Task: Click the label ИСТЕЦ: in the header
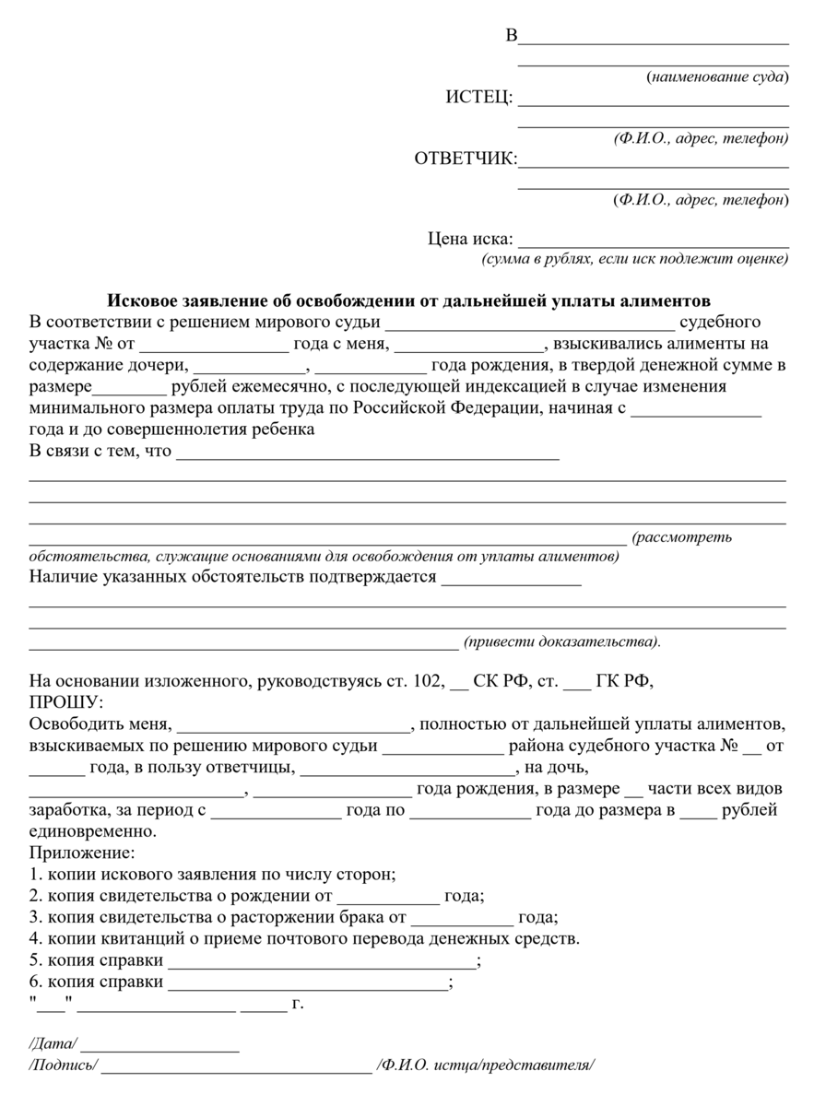(x=479, y=99)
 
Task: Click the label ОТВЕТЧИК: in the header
(x=466, y=159)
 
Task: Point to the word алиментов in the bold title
(x=664, y=301)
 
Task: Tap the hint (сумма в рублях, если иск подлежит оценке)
(x=634, y=259)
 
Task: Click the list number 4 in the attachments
(x=35, y=939)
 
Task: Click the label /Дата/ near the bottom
(x=53, y=1044)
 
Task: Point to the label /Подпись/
(x=64, y=1065)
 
